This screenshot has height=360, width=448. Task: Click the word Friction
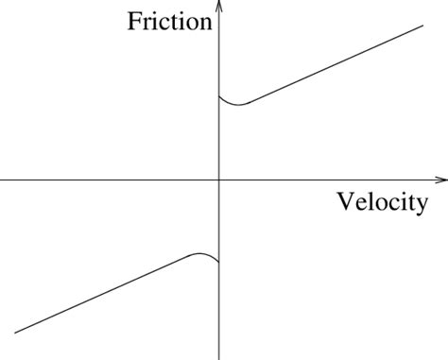click(169, 21)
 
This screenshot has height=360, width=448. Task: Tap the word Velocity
click(382, 201)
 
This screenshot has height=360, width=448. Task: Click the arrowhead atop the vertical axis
click(219, 6)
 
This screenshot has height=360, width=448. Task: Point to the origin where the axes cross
click(219, 179)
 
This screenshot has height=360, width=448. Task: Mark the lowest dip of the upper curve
click(238, 104)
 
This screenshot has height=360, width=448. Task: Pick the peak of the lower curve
click(200, 253)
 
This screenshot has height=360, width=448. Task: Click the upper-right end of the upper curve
click(422, 25)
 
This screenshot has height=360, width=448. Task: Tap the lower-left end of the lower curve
click(16, 333)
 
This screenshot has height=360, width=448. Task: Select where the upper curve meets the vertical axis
click(219, 95)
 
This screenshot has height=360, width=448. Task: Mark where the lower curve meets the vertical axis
click(219, 262)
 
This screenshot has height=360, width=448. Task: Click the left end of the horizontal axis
click(2, 179)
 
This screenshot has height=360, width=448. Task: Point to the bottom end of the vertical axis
click(219, 357)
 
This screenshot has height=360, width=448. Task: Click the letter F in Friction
click(135, 21)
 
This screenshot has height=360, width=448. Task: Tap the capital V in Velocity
click(345, 201)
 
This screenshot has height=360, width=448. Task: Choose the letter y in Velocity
click(420, 205)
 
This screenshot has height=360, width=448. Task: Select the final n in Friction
click(205, 23)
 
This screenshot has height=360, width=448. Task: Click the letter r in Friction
click(147, 23)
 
